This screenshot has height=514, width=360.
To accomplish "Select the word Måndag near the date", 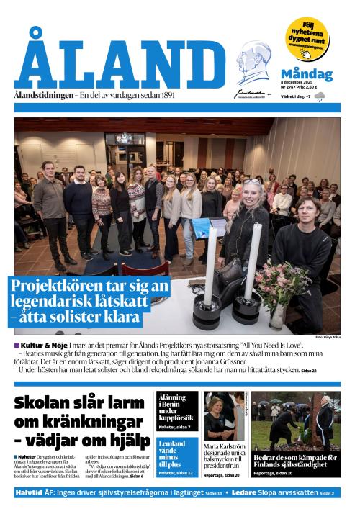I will tap(306, 74).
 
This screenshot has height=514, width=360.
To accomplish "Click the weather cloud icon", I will tap(319, 96).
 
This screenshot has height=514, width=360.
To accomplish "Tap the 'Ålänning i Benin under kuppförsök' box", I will tap(176, 410).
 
